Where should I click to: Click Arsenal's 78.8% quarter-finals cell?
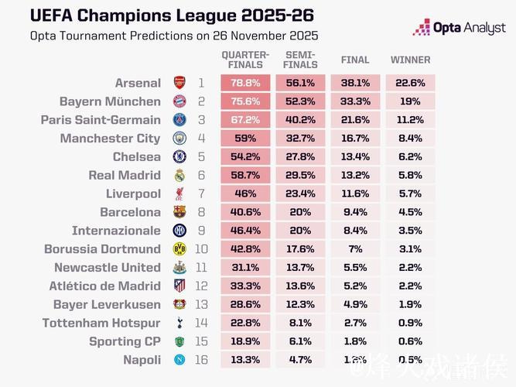click(245, 83)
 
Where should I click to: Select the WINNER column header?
click(410, 60)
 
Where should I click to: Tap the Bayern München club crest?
click(179, 101)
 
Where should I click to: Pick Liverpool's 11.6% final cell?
click(355, 193)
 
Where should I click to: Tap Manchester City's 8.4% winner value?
click(410, 139)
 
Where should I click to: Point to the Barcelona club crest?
click(179, 212)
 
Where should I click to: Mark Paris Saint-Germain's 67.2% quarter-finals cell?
click(245, 120)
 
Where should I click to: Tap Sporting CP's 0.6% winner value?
click(410, 341)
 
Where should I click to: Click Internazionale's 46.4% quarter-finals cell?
click(245, 231)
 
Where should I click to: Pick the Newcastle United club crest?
click(179, 268)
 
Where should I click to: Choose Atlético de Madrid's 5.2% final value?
click(355, 286)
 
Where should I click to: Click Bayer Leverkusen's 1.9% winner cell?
click(410, 304)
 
